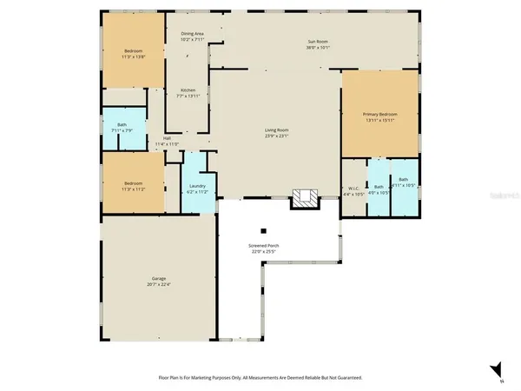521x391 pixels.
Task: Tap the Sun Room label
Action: (x=319, y=42)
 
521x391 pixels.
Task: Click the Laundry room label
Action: (x=196, y=186)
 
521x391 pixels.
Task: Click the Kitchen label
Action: (x=188, y=90)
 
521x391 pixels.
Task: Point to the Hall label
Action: (x=166, y=137)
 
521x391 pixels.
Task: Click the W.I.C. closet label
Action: (x=353, y=187)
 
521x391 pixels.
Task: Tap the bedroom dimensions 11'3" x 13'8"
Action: (x=133, y=56)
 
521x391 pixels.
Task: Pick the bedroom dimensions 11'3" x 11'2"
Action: (x=133, y=189)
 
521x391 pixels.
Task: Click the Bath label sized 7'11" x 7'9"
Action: (x=122, y=125)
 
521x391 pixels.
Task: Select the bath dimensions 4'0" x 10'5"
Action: (x=379, y=193)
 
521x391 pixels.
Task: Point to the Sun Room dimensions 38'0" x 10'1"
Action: (x=319, y=48)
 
